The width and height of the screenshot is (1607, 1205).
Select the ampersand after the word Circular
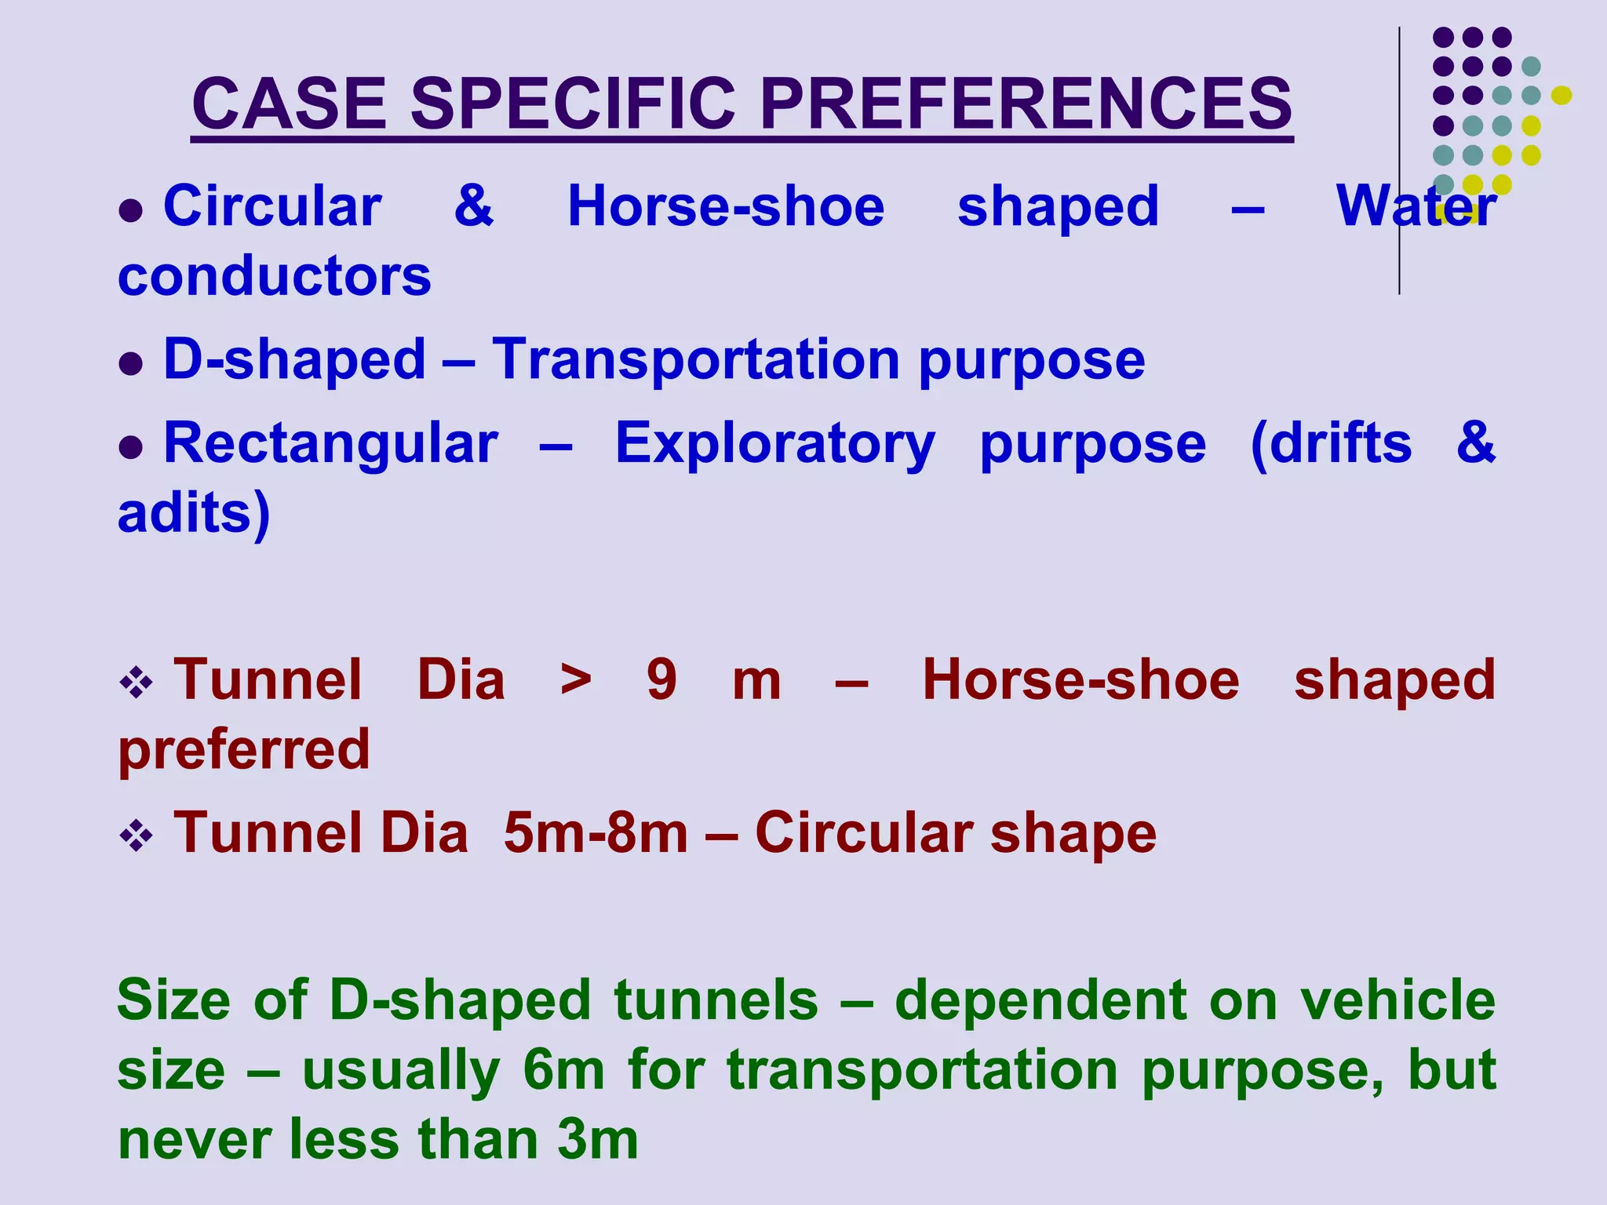[474, 206]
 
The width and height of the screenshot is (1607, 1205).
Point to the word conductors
[275, 276]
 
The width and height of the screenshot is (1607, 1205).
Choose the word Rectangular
[330, 443]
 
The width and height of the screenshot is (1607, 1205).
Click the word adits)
[194, 513]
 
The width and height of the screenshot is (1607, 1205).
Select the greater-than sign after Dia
[576, 679]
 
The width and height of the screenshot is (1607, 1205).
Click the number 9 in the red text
[661, 679]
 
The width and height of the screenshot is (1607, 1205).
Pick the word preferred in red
[244, 749]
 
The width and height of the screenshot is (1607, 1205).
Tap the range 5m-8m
[596, 832]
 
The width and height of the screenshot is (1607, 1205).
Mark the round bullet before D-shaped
[131, 363]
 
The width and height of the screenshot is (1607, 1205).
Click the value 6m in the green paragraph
[563, 1069]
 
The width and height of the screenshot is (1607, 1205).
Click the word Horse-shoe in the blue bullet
[726, 206]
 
